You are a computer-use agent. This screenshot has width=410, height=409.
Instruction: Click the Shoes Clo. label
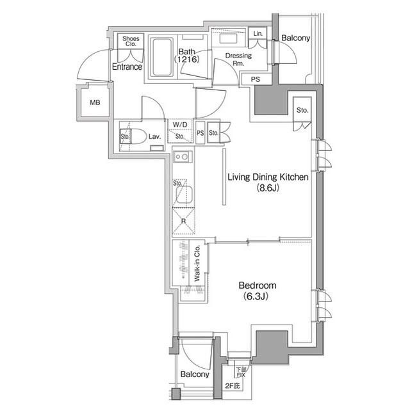(x=131, y=42)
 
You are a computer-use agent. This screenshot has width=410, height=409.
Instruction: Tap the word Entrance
(x=127, y=67)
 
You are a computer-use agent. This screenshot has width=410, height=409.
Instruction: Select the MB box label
(x=95, y=102)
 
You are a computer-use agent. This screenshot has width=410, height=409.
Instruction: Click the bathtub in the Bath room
(x=161, y=58)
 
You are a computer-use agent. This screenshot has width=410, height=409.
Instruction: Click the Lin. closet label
(x=258, y=33)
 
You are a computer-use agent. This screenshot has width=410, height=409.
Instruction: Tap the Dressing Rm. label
(x=238, y=60)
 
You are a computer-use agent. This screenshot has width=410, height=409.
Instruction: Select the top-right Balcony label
(x=295, y=38)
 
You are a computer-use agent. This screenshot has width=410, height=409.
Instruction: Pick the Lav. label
(x=154, y=136)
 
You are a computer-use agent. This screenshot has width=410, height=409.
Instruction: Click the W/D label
(x=180, y=125)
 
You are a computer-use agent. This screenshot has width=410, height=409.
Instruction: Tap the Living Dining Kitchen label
(x=268, y=177)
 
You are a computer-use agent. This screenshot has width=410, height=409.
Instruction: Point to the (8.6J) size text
(x=268, y=188)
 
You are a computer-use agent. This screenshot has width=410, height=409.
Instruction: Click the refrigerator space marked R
(x=184, y=221)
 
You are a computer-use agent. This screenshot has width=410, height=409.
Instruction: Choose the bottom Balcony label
(x=195, y=374)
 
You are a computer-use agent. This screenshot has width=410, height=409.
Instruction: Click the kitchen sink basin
(x=184, y=195)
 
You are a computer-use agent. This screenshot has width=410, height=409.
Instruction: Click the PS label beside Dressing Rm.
(x=256, y=79)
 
